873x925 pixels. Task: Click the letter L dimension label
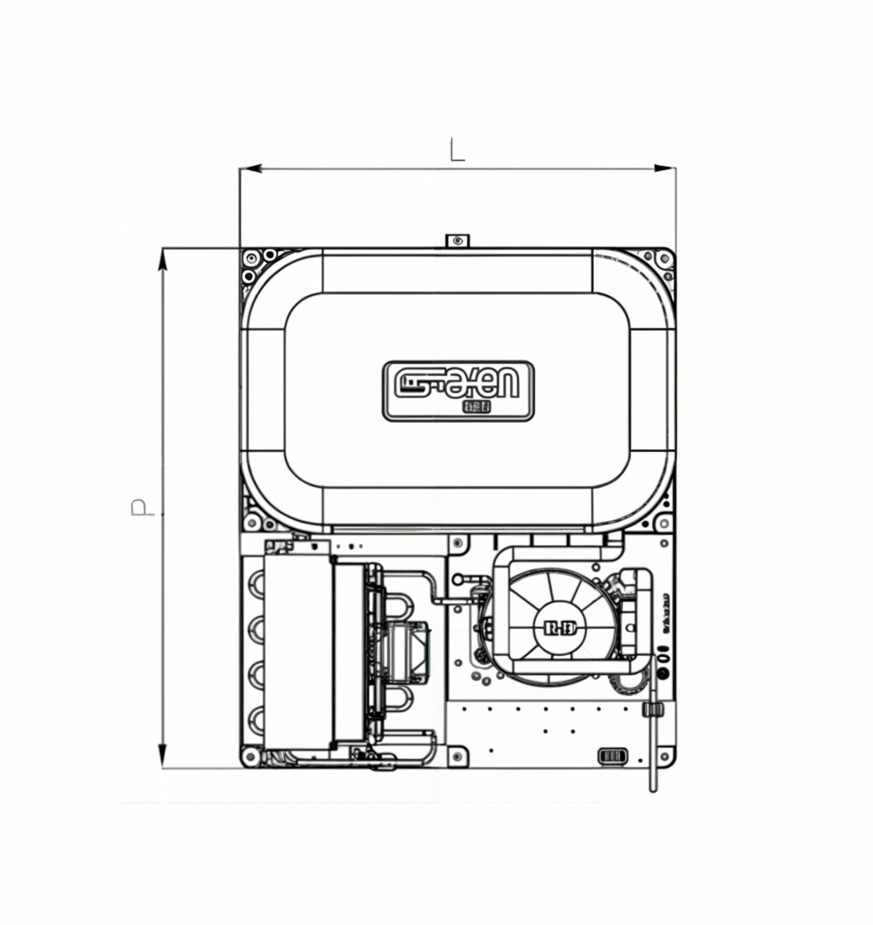[457, 150]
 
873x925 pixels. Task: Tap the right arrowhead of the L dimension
[665, 169]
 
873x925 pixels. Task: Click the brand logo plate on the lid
[458, 391]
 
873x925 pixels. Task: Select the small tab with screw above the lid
[458, 241]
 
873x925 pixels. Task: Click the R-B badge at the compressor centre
[560, 629]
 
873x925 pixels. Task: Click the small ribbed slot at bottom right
[612, 755]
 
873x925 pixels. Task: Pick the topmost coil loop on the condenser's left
[256, 584]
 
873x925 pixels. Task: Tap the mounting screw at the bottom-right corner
[665, 755]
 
